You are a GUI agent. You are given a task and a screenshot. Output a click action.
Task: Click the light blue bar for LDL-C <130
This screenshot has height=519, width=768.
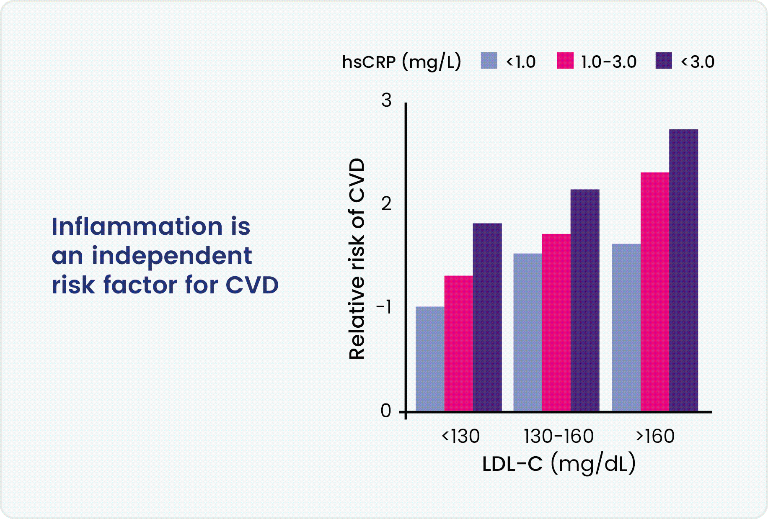pyautogui.click(x=430, y=359)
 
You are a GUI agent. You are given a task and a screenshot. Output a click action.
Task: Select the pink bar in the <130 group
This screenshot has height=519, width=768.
pyautogui.click(x=458, y=343)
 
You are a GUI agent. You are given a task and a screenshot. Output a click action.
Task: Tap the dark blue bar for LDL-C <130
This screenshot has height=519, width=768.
pyautogui.click(x=487, y=317)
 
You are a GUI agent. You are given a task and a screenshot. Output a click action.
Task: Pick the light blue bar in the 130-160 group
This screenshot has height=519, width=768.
pyautogui.click(x=528, y=332)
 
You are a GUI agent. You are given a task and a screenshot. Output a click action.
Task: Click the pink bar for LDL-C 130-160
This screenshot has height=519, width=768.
pyautogui.click(x=556, y=322)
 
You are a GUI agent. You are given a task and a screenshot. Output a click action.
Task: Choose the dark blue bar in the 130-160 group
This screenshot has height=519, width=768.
pyautogui.click(x=585, y=300)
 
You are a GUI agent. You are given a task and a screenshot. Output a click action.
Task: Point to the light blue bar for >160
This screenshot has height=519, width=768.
pyautogui.click(x=626, y=327)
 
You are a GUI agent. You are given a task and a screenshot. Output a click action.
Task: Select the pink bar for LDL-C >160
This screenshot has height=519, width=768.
pyautogui.click(x=654, y=292)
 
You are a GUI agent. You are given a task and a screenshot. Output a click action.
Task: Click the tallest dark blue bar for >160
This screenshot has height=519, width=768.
pyautogui.click(x=683, y=270)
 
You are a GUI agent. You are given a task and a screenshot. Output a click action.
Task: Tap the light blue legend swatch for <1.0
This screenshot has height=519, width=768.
pyautogui.click(x=489, y=61)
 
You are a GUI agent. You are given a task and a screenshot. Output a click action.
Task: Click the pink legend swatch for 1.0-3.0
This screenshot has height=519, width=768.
pyautogui.click(x=565, y=61)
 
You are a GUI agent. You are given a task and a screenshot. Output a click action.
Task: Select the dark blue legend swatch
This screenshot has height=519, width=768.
pyautogui.click(x=664, y=61)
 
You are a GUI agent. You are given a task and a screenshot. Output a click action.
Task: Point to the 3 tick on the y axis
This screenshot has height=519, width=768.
pyautogui.click(x=386, y=100)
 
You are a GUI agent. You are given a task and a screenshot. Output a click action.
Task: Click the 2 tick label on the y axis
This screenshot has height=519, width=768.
pyautogui.click(x=386, y=204)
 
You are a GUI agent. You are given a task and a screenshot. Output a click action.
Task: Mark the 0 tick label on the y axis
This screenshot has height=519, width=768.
pyautogui.click(x=386, y=411)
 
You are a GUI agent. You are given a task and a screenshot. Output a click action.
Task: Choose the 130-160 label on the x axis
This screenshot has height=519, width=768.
pyautogui.click(x=559, y=436)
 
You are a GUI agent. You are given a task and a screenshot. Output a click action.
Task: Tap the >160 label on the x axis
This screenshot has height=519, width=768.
pyautogui.click(x=655, y=436)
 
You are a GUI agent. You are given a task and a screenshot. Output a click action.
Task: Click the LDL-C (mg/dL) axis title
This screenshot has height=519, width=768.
pyautogui.click(x=559, y=464)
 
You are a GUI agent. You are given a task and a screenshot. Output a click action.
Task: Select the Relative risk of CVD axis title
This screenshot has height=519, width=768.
pyautogui.click(x=357, y=259)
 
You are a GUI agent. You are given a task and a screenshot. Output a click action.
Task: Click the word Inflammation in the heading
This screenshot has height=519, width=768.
pyautogui.click(x=137, y=226)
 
